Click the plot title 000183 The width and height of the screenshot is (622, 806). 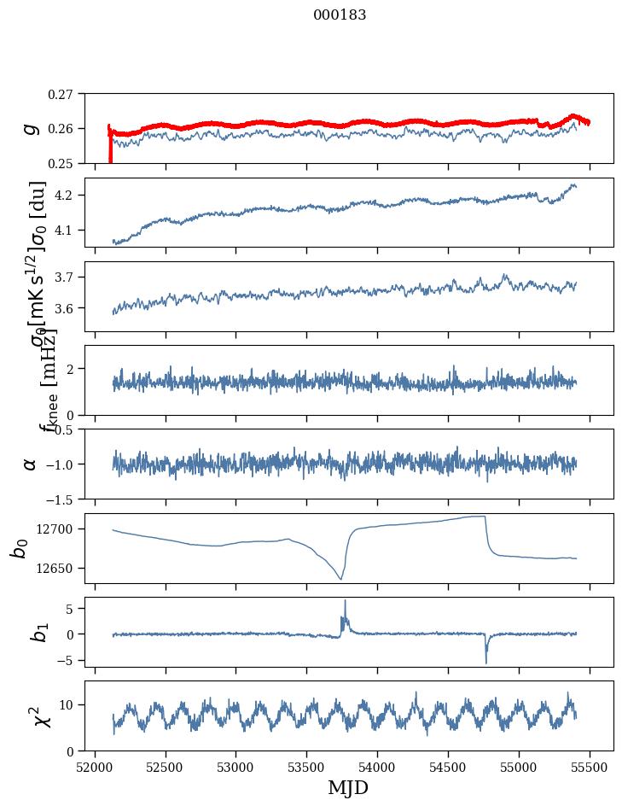point(340,15)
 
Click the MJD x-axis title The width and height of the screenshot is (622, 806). point(348,787)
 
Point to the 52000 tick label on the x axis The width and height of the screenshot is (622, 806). point(94,766)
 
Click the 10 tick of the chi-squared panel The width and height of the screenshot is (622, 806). point(69,704)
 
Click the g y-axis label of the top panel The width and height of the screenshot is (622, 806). point(31,128)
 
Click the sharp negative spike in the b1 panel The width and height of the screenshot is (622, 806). point(486,662)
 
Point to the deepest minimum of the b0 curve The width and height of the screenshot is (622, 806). point(340,580)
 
